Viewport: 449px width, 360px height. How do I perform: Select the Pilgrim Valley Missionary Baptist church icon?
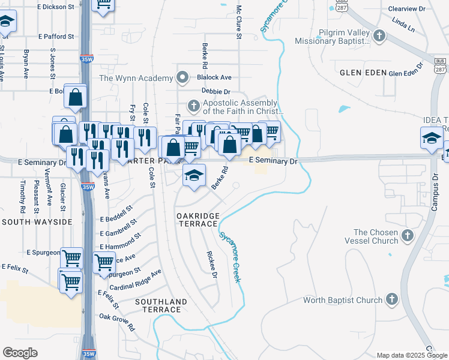pos(379,37)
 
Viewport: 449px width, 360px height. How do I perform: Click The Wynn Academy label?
pos(136,78)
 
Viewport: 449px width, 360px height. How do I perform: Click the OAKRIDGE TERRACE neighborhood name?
pos(196,219)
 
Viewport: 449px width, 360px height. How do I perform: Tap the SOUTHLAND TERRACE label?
pos(158,305)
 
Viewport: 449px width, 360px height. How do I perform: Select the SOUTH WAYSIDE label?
pos(37,222)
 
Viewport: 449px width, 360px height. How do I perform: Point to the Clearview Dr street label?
pos(406,9)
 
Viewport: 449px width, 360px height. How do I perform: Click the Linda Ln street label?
pos(403,25)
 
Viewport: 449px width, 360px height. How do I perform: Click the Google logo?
pos(20,353)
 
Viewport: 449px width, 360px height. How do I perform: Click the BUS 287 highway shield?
pos(439,65)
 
